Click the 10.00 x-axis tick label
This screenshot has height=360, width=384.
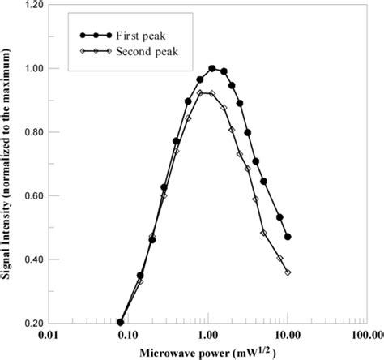[286, 335]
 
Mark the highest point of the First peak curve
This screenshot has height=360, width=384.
[212, 68]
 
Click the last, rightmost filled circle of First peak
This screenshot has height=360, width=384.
[288, 237]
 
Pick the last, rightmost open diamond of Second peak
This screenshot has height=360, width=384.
[288, 272]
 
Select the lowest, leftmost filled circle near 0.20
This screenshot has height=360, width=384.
[121, 322]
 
